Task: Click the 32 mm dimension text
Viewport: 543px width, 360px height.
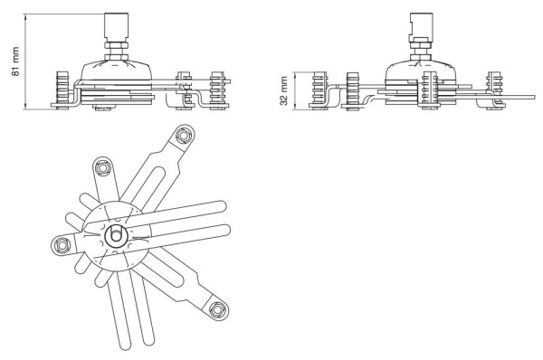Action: click(x=285, y=91)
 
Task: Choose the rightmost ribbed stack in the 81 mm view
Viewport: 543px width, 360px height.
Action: click(x=216, y=89)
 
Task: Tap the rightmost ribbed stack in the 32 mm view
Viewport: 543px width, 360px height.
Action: click(x=494, y=89)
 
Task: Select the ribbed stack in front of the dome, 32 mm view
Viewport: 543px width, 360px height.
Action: click(x=430, y=89)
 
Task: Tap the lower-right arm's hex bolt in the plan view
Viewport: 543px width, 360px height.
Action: click(x=217, y=310)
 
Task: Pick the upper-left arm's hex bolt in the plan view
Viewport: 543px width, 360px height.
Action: click(x=101, y=166)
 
